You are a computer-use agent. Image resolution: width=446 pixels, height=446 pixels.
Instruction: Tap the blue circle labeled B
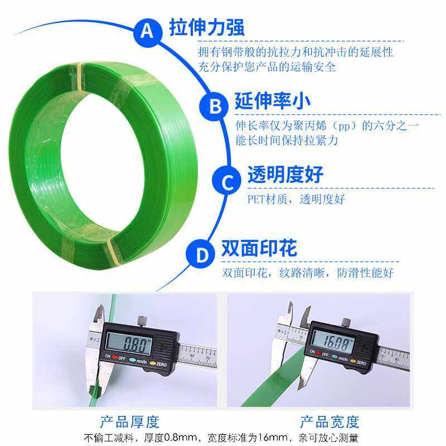coord(215,105)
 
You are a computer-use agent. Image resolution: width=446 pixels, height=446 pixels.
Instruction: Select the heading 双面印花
coord(259,247)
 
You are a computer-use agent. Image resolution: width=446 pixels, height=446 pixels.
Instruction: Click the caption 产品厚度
coord(130,421)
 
